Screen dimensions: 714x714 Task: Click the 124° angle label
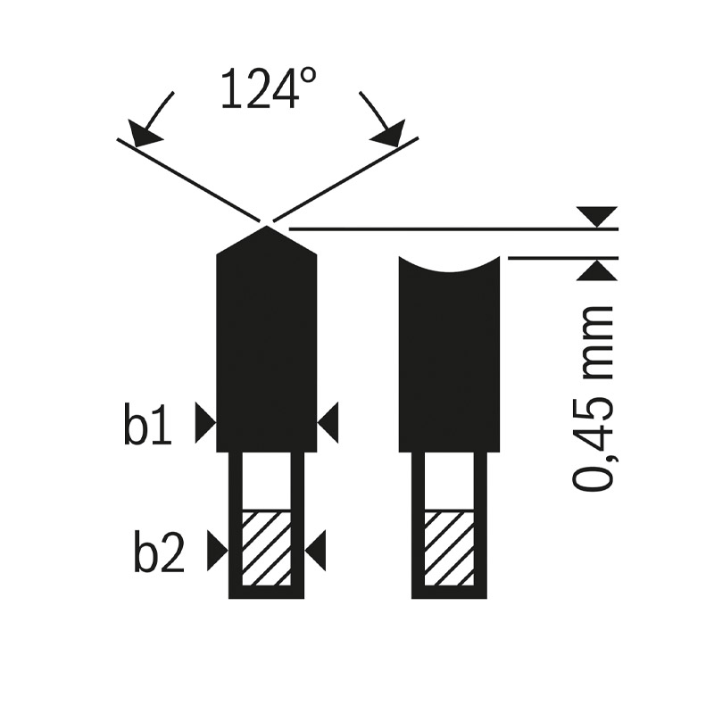click(269, 88)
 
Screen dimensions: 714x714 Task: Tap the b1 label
click(147, 422)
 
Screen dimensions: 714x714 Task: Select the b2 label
click(159, 550)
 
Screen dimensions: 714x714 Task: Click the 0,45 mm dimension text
click(593, 398)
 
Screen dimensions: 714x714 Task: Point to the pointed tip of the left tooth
click(266, 227)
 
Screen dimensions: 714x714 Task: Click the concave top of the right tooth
click(449, 265)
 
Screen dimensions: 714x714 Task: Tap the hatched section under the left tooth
click(266, 548)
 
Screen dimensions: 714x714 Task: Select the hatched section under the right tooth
click(449, 548)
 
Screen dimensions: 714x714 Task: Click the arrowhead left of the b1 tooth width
click(205, 422)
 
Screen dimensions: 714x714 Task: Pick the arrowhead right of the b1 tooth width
click(328, 422)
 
